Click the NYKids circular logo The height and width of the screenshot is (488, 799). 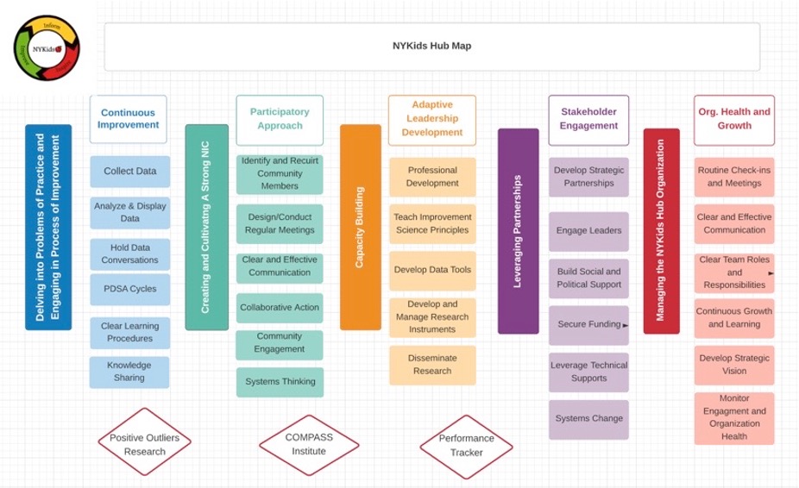(47, 48)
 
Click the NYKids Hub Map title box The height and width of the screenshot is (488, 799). (431, 47)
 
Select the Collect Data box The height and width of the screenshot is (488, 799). (130, 172)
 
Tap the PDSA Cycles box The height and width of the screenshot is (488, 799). (130, 289)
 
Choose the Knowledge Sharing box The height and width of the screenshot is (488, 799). (129, 372)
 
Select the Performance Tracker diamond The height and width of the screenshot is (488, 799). (467, 445)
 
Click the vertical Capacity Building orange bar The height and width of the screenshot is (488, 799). (360, 228)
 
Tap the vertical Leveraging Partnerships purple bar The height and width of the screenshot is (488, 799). (518, 231)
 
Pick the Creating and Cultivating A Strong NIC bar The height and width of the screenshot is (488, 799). (206, 228)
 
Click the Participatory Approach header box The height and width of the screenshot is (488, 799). (280, 119)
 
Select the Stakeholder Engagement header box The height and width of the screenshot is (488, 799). (589, 119)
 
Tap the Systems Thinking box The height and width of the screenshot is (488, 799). (280, 382)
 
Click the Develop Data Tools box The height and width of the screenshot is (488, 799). (432, 270)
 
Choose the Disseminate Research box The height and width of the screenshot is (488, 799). (432, 365)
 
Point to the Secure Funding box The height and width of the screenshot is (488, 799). (588, 325)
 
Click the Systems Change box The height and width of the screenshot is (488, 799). (588, 419)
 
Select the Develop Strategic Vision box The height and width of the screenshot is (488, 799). (733, 365)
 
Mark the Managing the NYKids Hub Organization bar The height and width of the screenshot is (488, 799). (661, 231)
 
